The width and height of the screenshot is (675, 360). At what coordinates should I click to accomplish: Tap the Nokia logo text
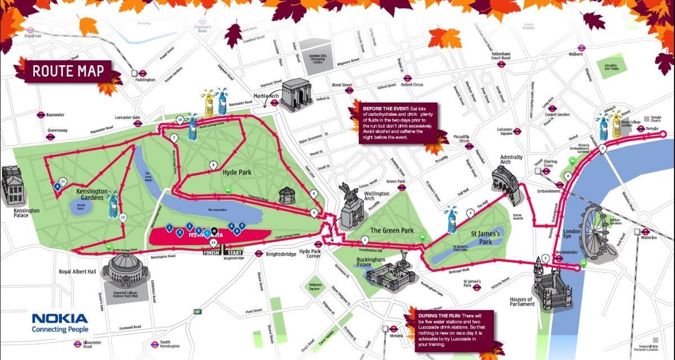tap(60, 319)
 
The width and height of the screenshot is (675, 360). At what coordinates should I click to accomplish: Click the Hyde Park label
tap(236, 172)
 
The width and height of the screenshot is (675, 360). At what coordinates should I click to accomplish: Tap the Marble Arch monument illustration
tap(296, 93)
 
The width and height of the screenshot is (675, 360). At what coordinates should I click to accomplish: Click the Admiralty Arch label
tap(512, 160)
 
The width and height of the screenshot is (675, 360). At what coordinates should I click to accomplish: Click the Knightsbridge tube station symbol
tap(259, 254)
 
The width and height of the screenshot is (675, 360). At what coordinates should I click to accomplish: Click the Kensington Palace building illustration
tap(12, 186)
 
